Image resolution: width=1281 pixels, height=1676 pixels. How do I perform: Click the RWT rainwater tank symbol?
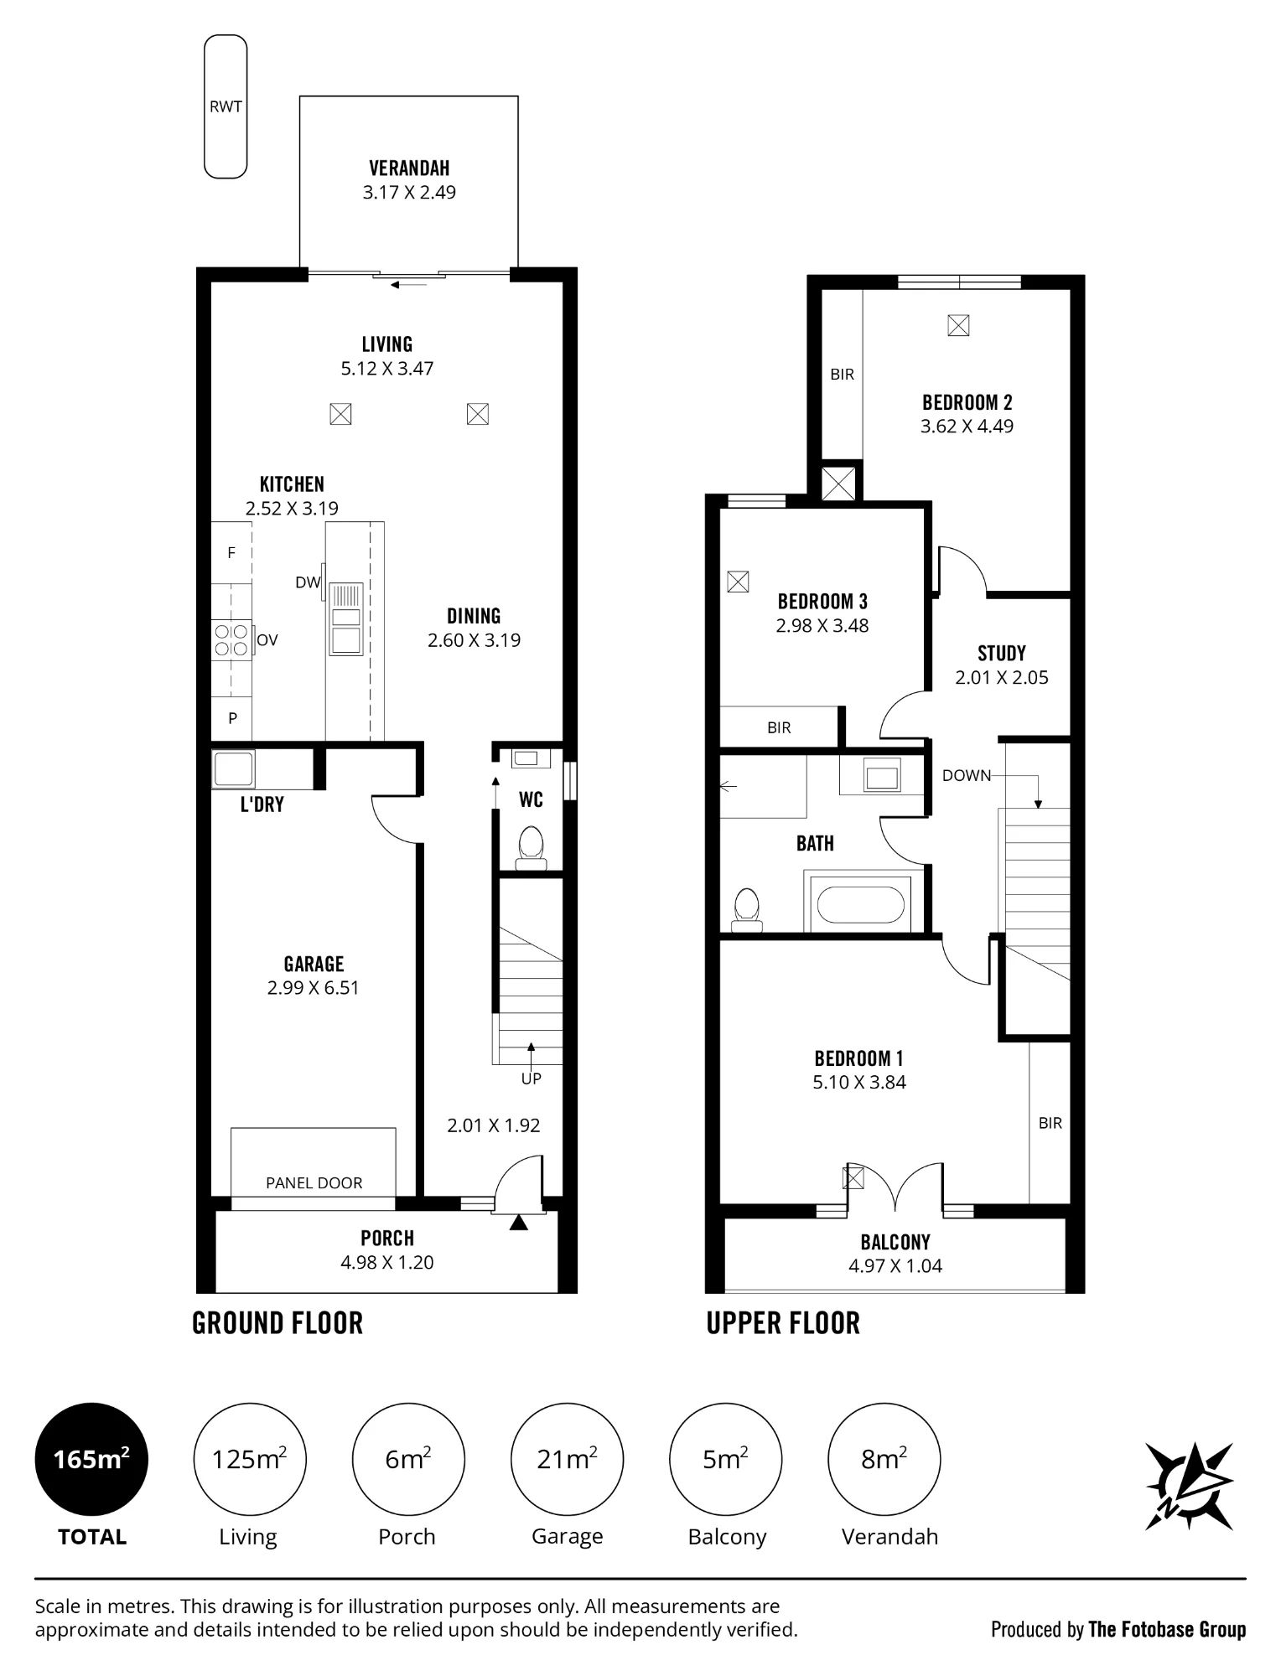pyautogui.click(x=226, y=106)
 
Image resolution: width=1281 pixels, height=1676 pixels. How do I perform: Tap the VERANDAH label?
pyautogui.click(x=409, y=168)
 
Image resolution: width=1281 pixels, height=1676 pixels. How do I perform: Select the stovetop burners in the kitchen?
pyautogui.click(x=231, y=639)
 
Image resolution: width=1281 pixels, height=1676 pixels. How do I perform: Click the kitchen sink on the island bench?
pyautogui.click(x=346, y=619)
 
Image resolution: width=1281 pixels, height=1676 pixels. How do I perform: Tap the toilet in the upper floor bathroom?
pyautogui.click(x=746, y=909)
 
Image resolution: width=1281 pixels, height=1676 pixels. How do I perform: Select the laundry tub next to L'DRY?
pyautogui.click(x=233, y=769)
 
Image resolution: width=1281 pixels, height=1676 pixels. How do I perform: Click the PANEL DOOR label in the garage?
pyautogui.click(x=314, y=1183)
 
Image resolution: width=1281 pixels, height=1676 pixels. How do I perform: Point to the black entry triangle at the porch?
pyautogui.click(x=519, y=1223)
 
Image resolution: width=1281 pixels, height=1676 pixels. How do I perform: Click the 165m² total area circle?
pyautogui.click(x=91, y=1459)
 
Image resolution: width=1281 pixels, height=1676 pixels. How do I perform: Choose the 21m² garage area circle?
pyautogui.click(x=567, y=1459)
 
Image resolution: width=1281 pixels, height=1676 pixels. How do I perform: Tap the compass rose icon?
pyautogui.click(x=1189, y=1486)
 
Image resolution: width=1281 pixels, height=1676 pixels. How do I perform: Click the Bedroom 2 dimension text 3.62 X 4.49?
pyautogui.click(x=967, y=427)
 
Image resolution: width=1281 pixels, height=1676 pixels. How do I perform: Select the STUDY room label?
pyautogui.click(x=1002, y=654)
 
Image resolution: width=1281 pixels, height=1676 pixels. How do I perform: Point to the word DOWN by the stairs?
pyautogui.click(x=967, y=776)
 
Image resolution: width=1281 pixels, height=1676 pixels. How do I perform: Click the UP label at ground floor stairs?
pyautogui.click(x=532, y=1079)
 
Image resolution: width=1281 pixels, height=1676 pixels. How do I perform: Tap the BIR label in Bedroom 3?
pyautogui.click(x=779, y=728)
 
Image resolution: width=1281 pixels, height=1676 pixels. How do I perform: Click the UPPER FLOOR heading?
pyautogui.click(x=783, y=1323)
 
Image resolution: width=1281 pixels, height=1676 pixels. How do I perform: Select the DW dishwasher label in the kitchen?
pyautogui.click(x=308, y=582)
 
